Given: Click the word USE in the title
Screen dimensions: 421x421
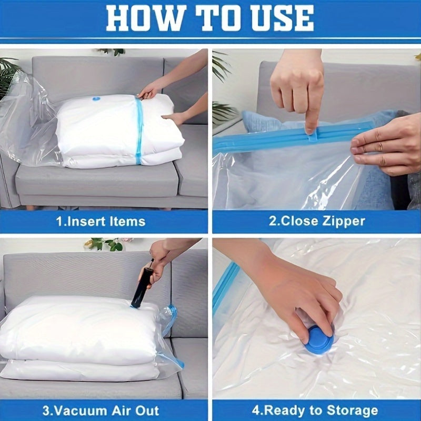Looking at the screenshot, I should pos(282,19).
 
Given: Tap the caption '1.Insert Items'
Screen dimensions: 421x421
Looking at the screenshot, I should pos(101,221).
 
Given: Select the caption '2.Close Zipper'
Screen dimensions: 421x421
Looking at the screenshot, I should pos(317,221).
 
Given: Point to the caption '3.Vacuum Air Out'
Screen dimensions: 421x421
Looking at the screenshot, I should pos(101,410).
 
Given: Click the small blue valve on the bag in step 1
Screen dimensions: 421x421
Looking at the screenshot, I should pos(97,98).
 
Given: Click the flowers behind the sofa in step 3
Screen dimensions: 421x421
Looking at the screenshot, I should pos(105,244).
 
